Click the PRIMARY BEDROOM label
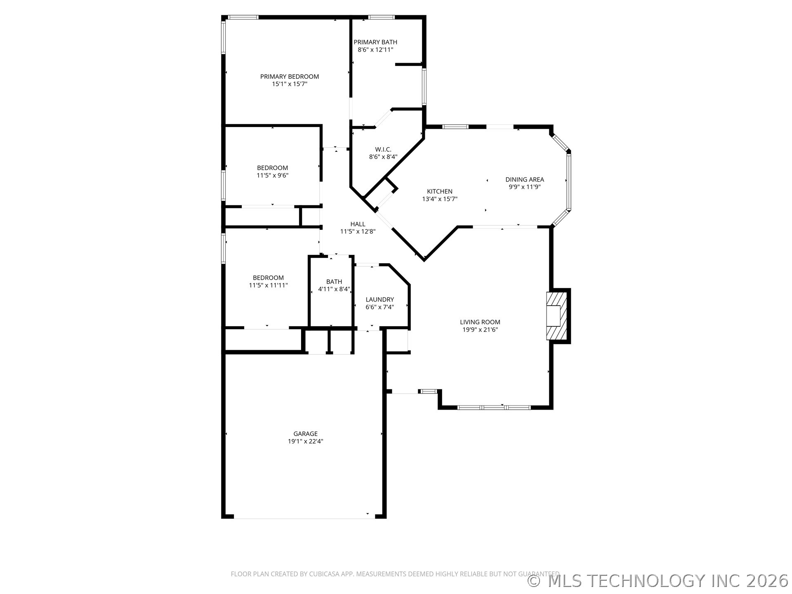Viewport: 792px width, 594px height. click(x=289, y=76)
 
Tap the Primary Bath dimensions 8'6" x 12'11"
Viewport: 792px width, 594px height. click(x=375, y=49)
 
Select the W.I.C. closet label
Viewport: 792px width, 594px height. click(x=383, y=149)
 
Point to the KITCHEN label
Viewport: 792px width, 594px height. click(x=439, y=191)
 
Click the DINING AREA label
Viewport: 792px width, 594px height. click(x=524, y=179)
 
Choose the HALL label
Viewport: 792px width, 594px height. click(x=358, y=224)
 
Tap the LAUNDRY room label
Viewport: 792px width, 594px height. click(x=379, y=299)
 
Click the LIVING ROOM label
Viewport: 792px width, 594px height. click(x=480, y=322)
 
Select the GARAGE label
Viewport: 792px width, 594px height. click(x=305, y=434)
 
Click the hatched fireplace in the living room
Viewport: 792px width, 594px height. click(x=556, y=316)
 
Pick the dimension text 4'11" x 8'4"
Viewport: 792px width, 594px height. click(x=334, y=289)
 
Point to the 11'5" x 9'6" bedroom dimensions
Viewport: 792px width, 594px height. click(x=272, y=175)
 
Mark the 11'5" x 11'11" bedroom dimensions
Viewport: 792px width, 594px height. click(x=268, y=285)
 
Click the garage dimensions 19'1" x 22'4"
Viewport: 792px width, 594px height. click(x=305, y=441)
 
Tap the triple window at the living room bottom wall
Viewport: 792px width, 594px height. click(x=494, y=408)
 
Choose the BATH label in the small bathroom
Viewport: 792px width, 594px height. click(x=334, y=282)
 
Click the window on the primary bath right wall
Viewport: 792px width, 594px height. click(x=424, y=86)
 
